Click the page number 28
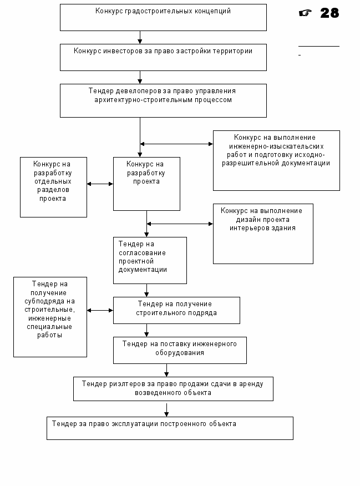pos(329,13)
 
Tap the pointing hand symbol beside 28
pos(305,13)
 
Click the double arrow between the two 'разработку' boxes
pos(100,184)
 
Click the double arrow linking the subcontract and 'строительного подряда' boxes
pos(100,310)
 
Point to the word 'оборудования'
pos(180,353)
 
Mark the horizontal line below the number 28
pos(319,47)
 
